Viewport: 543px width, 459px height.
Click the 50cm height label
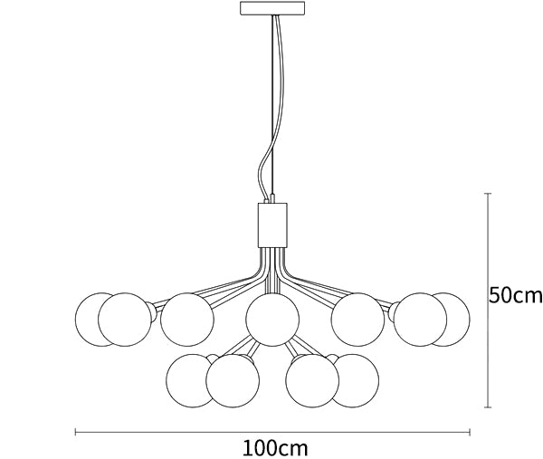click(x=515, y=296)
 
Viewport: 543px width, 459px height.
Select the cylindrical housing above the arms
click(x=271, y=224)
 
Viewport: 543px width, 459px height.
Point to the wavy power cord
click(x=263, y=154)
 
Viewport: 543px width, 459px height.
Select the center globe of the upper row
click(x=271, y=320)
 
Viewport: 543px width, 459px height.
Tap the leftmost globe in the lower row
click(x=191, y=378)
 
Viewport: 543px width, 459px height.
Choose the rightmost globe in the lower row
click(x=356, y=378)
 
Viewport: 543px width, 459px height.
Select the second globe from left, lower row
click(x=233, y=380)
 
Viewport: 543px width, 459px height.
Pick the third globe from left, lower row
click(x=313, y=380)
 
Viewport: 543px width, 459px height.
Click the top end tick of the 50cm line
click(x=489, y=193)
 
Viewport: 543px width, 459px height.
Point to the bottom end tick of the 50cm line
click(x=489, y=408)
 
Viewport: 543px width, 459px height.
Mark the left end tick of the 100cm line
click(x=74, y=431)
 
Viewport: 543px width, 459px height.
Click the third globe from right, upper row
click(x=357, y=319)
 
